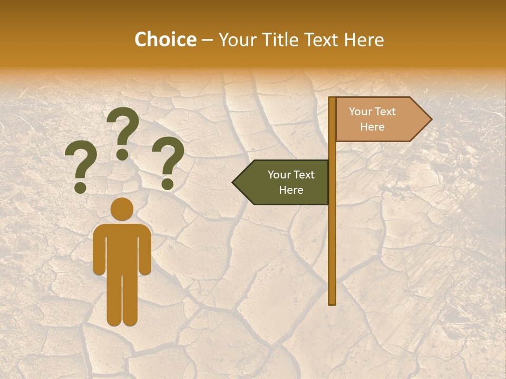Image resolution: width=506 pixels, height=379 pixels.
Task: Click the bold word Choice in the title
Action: (x=165, y=40)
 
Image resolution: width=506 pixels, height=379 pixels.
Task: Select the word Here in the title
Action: (x=364, y=40)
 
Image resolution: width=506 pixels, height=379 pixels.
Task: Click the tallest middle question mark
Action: (x=123, y=126)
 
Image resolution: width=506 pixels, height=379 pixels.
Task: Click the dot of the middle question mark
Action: (x=122, y=154)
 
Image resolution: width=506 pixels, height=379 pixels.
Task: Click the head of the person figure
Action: (x=122, y=209)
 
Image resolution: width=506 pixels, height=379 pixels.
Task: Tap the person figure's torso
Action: (x=122, y=247)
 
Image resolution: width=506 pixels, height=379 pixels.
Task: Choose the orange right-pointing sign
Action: (x=379, y=119)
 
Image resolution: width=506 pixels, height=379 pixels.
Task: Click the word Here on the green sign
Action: (x=291, y=190)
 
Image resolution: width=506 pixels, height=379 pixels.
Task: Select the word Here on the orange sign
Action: (x=372, y=127)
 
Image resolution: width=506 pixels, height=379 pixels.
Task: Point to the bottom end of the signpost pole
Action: (x=332, y=303)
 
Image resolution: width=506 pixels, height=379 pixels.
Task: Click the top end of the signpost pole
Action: (x=332, y=99)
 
